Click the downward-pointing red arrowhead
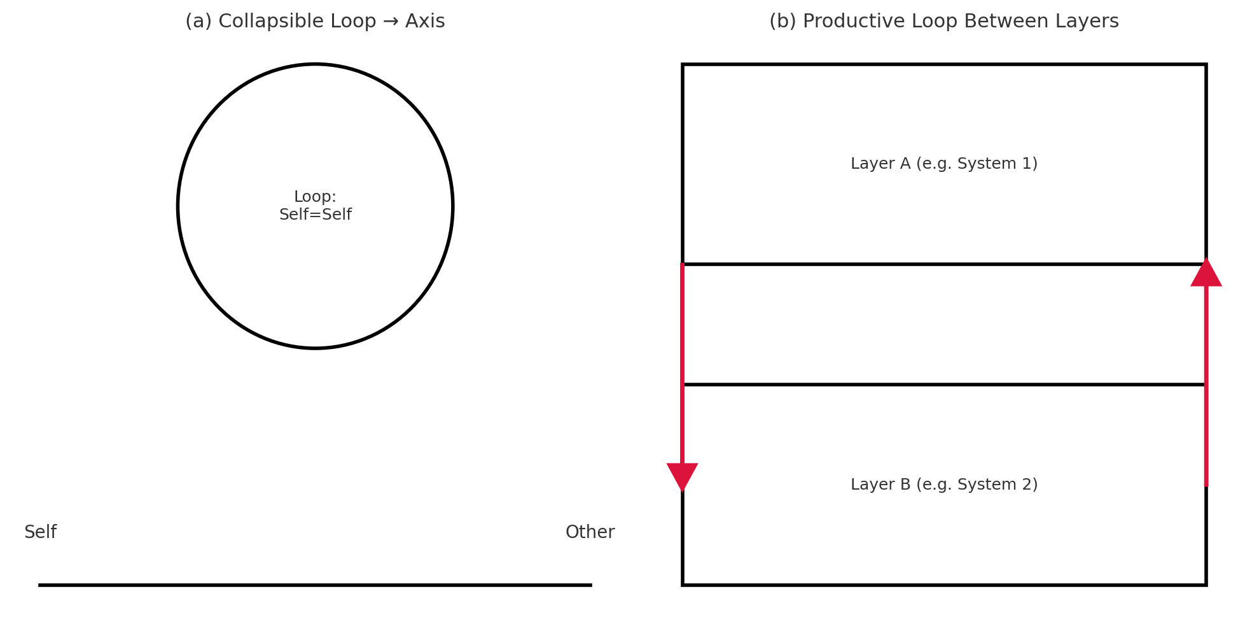point(682,475)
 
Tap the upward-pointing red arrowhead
point(1206,274)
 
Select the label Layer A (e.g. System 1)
point(944,164)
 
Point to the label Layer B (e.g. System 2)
point(944,485)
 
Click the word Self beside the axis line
point(40,532)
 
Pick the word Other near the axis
point(590,532)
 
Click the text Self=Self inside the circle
point(315,215)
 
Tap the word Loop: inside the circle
point(315,197)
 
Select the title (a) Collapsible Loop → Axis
point(315,22)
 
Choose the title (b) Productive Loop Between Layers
point(943,22)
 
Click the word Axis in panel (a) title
point(425,22)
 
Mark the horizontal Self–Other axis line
point(315,585)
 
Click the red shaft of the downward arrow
point(682,363)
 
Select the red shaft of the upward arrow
point(1206,382)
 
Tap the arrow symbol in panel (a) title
point(391,22)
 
